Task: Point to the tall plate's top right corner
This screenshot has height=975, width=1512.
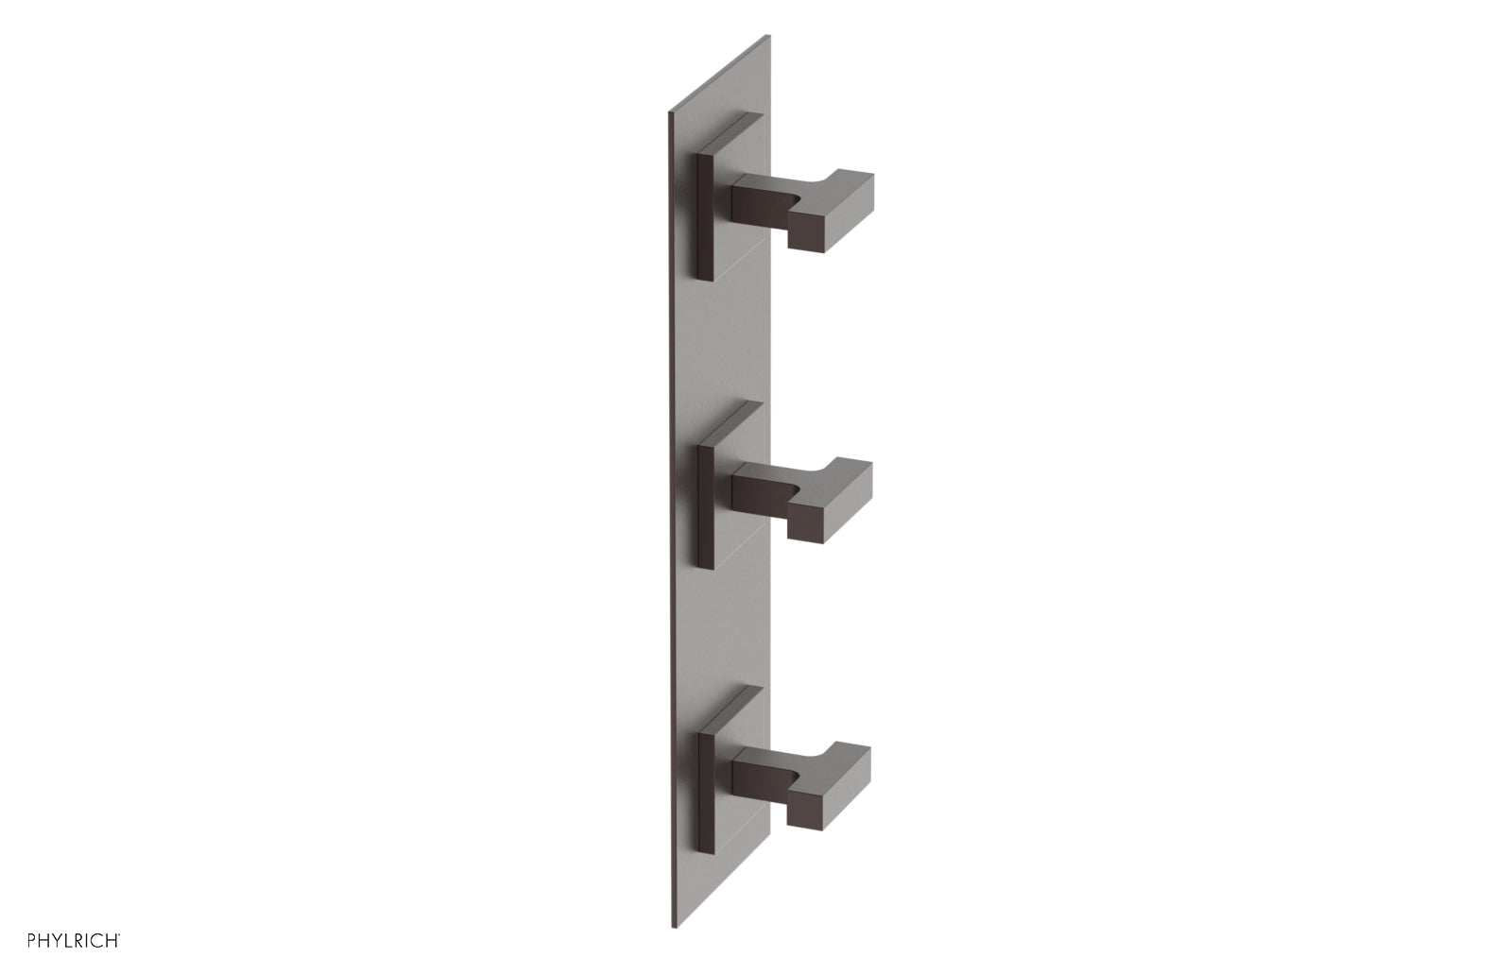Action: pyautogui.click(x=770, y=36)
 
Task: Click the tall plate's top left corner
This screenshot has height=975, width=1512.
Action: pyautogui.click(x=669, y=117)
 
